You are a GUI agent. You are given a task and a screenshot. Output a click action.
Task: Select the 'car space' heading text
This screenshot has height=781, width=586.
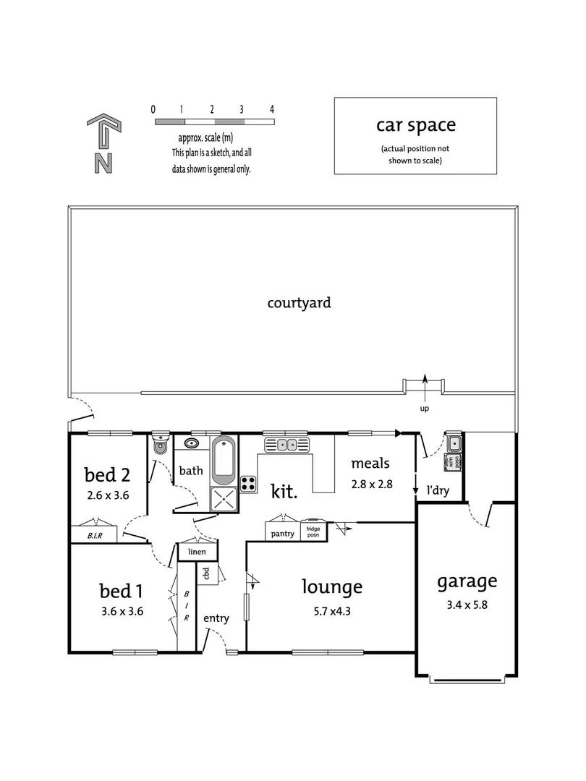coord(415,124)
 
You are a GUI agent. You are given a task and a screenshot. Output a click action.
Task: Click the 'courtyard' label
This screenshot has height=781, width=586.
coord(299,302)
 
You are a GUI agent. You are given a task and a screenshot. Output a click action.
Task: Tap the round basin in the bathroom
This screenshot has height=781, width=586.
coord(192,443)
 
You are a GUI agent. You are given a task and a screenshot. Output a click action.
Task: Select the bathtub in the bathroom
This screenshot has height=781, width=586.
coord(224,460)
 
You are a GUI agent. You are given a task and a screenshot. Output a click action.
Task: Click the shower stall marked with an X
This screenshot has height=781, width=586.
coord(224,498)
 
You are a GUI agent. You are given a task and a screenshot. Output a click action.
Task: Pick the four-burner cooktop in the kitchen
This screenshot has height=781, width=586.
coord(248,484)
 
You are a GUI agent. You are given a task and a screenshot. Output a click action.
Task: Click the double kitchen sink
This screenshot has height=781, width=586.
coord(287,444)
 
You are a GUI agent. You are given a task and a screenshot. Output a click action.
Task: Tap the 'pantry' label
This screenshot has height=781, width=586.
coord(282,534)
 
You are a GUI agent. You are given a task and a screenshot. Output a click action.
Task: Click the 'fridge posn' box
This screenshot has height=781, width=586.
coord(313,529)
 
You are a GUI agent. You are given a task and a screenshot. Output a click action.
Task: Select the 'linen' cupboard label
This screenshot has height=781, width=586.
coord(197,552)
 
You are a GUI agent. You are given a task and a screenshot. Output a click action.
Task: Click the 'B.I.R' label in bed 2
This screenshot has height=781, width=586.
coord(94,536)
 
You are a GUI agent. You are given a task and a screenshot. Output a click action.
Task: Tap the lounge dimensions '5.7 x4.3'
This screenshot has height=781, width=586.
coord(331,611)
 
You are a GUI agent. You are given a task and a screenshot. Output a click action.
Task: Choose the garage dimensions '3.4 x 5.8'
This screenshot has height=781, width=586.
coord(466,605)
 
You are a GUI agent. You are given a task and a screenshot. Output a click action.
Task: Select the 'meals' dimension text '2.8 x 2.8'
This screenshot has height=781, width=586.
coord(371,485)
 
